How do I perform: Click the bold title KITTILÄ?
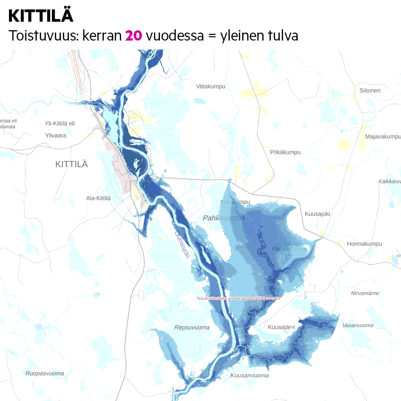41,16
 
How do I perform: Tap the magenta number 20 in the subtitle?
134,35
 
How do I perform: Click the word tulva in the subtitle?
282,35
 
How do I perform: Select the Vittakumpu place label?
211,86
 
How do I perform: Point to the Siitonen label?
370,91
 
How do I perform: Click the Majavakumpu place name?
383,136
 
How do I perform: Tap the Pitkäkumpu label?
285,152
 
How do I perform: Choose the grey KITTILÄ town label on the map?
72,164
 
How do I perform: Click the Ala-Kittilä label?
98,198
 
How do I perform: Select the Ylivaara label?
55,135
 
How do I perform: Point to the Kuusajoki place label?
317,214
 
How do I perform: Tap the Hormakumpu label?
364,244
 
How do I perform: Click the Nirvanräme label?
365,293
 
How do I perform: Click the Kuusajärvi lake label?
281,326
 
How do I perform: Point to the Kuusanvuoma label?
250,375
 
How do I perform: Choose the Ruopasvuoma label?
45,373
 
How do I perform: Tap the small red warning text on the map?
239,299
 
